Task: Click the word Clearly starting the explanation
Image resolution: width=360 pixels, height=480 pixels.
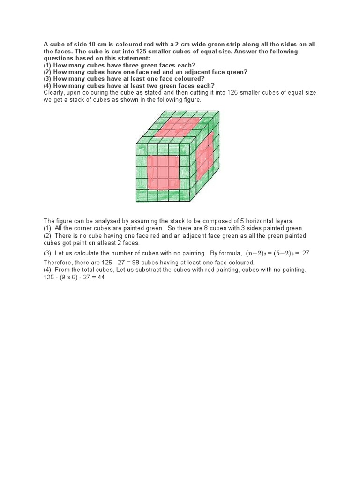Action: coord(56,93)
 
